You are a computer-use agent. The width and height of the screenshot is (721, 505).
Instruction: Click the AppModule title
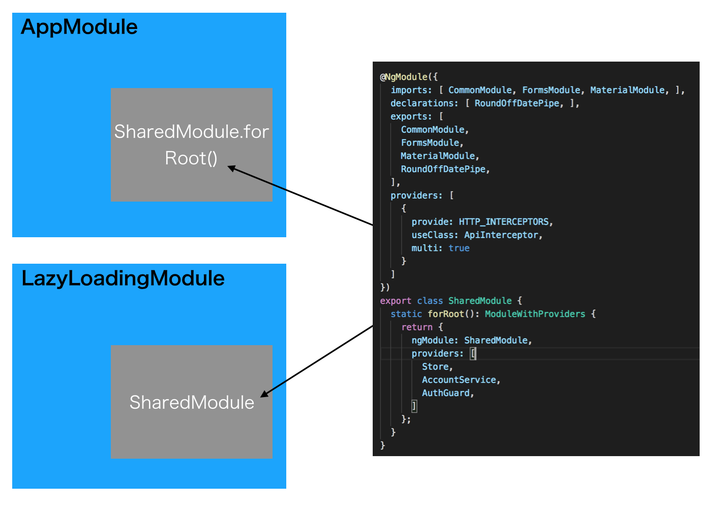79,27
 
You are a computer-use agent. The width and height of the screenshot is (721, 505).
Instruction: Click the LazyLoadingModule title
123,278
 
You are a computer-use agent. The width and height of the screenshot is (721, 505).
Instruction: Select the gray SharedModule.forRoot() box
191,145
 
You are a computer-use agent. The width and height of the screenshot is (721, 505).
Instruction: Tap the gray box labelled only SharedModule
191,402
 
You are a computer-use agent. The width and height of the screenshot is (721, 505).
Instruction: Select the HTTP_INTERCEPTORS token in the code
503,222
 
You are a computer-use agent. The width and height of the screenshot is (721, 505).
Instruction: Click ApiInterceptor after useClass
501,235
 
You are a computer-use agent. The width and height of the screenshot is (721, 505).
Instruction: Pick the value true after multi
459,248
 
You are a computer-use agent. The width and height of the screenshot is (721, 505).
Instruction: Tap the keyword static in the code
406,314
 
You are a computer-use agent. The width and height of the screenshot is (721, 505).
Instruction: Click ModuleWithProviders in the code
535,314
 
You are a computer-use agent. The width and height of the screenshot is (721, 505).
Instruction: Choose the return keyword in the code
417,327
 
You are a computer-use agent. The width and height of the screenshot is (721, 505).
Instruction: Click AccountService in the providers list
459,380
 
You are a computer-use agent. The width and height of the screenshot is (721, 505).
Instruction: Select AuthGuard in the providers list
445,393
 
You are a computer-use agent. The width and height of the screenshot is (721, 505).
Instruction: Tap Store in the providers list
435,367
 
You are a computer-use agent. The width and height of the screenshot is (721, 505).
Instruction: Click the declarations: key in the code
424,103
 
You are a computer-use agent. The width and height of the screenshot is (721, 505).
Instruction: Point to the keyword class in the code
430,301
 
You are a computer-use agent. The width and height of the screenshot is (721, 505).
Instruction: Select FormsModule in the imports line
551,90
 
